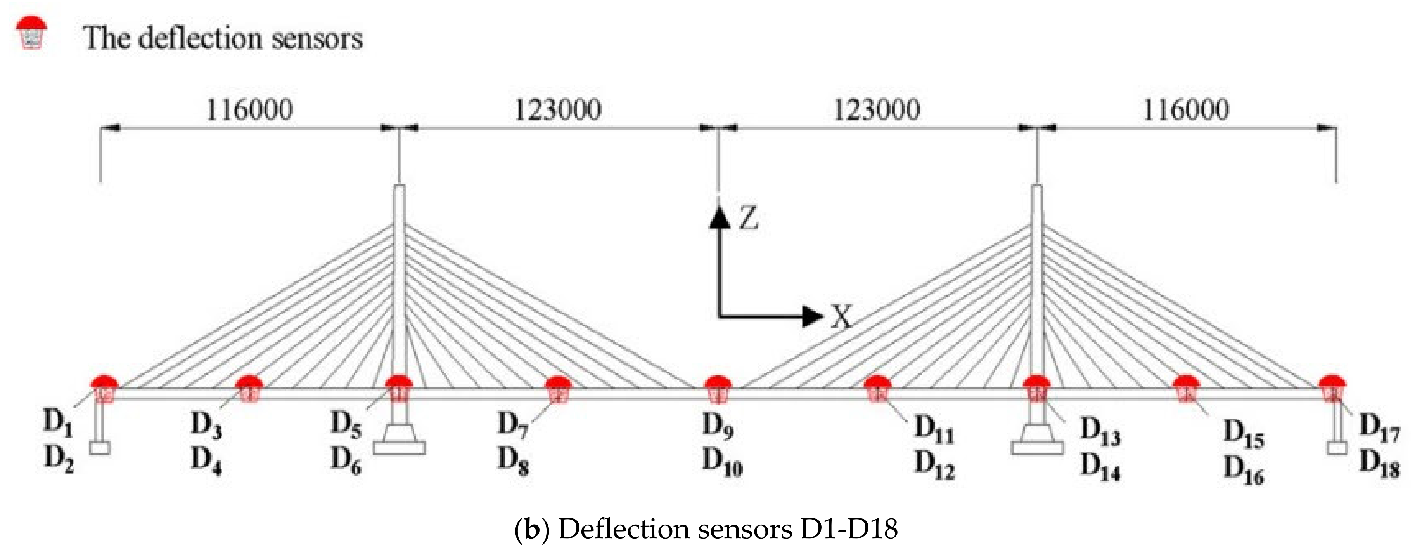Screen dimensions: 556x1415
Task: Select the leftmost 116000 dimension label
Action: coord(249,110)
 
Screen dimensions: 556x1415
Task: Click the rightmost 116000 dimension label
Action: coord(1186,110)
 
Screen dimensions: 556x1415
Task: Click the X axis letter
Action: coord(841,317)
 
